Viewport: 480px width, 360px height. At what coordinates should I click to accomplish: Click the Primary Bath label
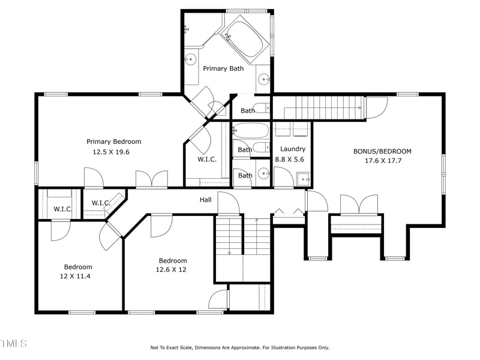coord(223,68)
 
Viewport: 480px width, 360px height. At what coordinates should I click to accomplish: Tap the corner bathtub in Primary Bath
coord(247,38)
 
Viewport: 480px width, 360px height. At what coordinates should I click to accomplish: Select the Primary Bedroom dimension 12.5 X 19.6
coord(110,152)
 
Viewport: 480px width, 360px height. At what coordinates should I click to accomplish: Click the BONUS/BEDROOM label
coord(382,151)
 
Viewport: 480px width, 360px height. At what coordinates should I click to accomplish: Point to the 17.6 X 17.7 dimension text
coord(382,161)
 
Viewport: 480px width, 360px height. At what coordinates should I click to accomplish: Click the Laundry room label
coord(293,149)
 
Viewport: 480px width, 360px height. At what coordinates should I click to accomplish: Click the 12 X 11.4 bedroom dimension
coord(78,277)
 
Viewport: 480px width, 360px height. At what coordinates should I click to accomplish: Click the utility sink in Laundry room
coord(304,178)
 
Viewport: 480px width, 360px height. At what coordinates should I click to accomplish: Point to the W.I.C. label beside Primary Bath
coord(206,160)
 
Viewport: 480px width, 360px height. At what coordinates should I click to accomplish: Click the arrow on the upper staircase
coord(359,107)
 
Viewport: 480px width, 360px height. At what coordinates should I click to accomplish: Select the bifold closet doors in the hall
coord(289,211)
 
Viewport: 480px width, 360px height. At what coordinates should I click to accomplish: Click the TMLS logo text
coord(13,344)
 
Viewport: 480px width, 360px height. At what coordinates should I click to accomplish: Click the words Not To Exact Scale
coord(174,347)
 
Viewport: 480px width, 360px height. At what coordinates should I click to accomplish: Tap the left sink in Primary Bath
coord(191,59)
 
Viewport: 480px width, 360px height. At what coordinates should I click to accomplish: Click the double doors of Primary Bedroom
coord(151,179)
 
